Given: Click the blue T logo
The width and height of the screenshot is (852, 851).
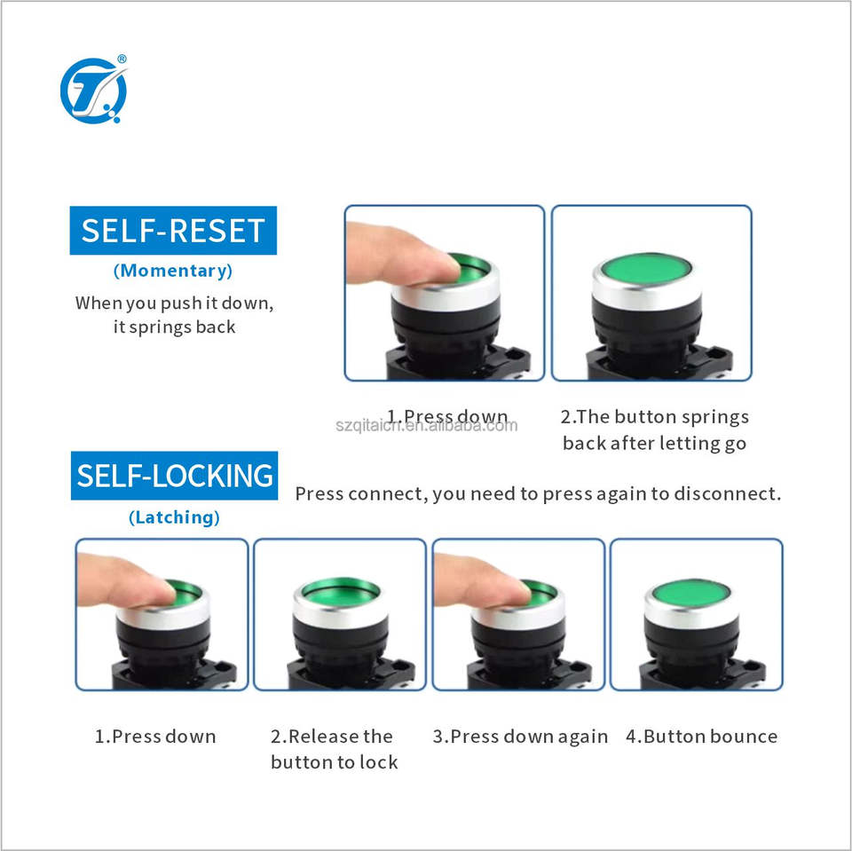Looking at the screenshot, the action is pos(93,91).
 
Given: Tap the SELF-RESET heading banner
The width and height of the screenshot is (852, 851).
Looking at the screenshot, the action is pos(173,231).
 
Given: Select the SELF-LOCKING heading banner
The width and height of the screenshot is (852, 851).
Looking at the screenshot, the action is pos(175,476).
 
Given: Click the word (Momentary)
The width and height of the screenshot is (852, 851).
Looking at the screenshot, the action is pos(173,271).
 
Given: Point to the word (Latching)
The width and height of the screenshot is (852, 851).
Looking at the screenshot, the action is pos(175,517).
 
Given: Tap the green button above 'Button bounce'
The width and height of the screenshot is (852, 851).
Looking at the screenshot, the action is pos(691,594).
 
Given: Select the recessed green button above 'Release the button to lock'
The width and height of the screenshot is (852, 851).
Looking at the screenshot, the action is pos(341,591).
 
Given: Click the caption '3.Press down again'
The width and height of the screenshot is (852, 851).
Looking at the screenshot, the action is pos(520,737).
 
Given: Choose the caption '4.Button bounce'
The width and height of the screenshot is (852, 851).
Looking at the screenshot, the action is pos(701,737).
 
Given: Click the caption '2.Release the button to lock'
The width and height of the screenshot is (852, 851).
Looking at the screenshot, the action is pos(335,749).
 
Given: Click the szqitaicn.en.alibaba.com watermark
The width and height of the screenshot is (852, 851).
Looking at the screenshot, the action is pos(427,425).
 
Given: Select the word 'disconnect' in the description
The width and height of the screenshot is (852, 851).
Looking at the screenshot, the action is pos(727,493).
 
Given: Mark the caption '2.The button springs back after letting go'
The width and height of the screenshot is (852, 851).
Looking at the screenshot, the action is pos(655,429).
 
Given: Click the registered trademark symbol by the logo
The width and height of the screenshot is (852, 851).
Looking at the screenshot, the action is pos(122,59).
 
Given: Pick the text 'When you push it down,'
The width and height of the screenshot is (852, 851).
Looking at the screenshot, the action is pos(175,303).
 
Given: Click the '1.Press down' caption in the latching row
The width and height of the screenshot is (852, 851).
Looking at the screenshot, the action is pos(155,737).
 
